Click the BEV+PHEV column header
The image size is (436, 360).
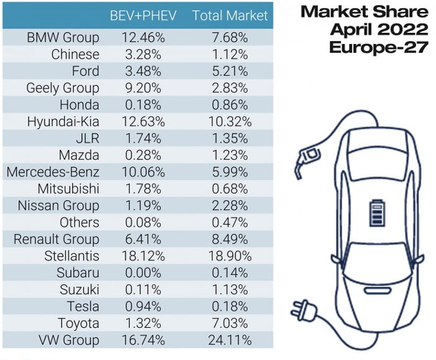tap(143, 16)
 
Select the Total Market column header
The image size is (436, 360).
tap(230, 16)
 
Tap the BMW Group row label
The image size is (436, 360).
tap(63, 37)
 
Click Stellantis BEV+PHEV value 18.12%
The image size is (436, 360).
tap(143, 256)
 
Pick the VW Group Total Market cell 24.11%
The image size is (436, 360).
tap(230, 340)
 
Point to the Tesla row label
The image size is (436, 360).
tap(83, 307)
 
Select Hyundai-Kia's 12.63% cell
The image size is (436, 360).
tap(143, 122)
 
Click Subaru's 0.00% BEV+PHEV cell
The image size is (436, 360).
tap(143, 272)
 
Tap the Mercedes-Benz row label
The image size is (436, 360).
tap(53, 172)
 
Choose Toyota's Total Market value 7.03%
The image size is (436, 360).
tap(230, 323)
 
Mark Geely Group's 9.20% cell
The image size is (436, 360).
tap(143, 88)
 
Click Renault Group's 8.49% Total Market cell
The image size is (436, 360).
tap(230, 239)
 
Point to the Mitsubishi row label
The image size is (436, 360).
tap(68, 189)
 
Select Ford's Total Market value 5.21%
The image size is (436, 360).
tap(230, 71)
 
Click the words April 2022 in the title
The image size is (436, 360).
tap(379, 30)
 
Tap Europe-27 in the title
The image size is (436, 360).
tap(379, 47)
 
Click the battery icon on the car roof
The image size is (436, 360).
tap(378, 213)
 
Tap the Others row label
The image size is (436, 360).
tap(79, 222)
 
